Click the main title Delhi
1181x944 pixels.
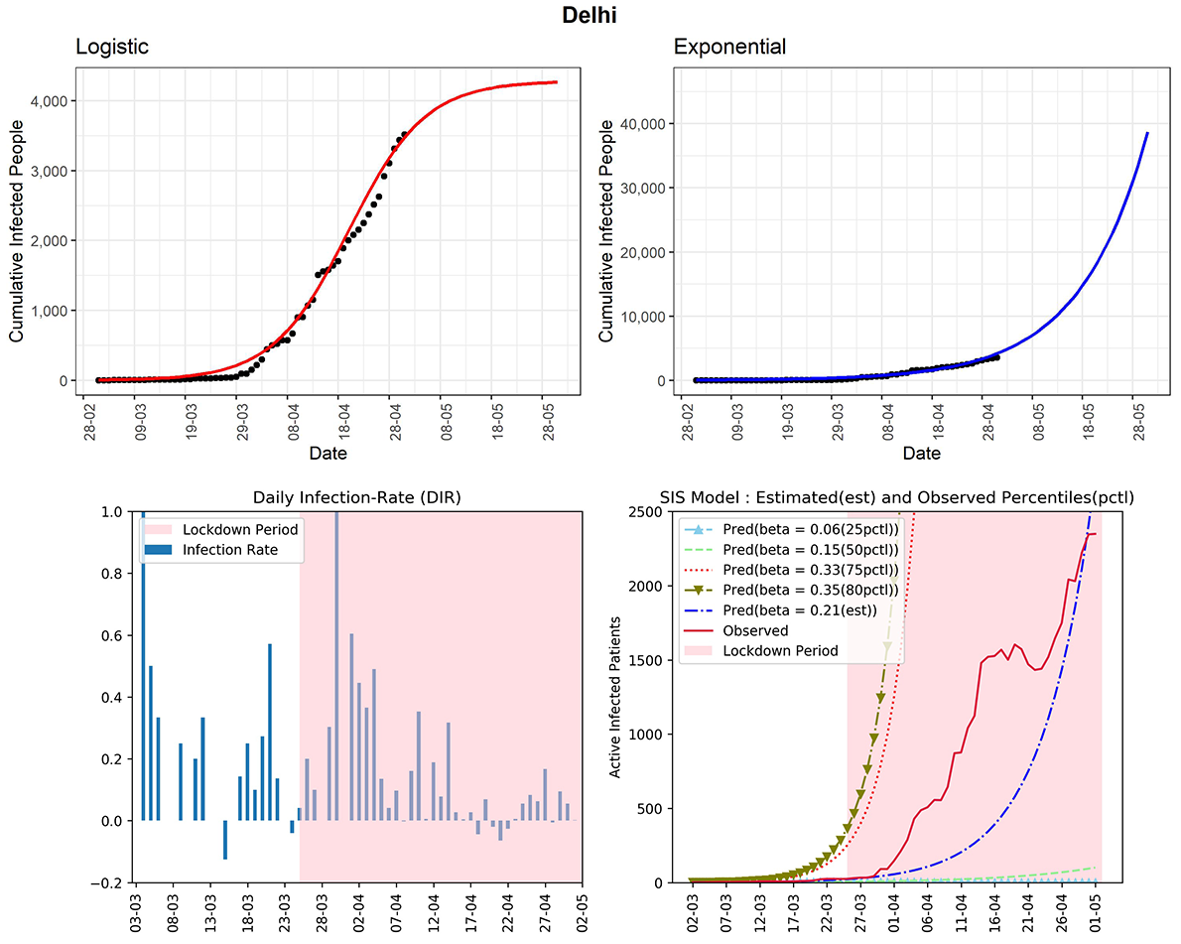pyautogui.click(x=590, y=16)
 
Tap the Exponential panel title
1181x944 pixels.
pyautogui.click(x=729, y=48)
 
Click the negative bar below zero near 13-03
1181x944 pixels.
pyautogui.click(x=225, y=840)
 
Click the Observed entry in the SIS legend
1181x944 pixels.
pyautogui.click(x=756, y=630)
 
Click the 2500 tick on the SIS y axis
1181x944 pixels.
pyautogui.click(x=650, y=511)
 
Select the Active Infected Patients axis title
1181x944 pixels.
pyautogui.click(x=618, y=697)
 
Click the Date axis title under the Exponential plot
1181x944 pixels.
pyautogui.click(x=922, y=454)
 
